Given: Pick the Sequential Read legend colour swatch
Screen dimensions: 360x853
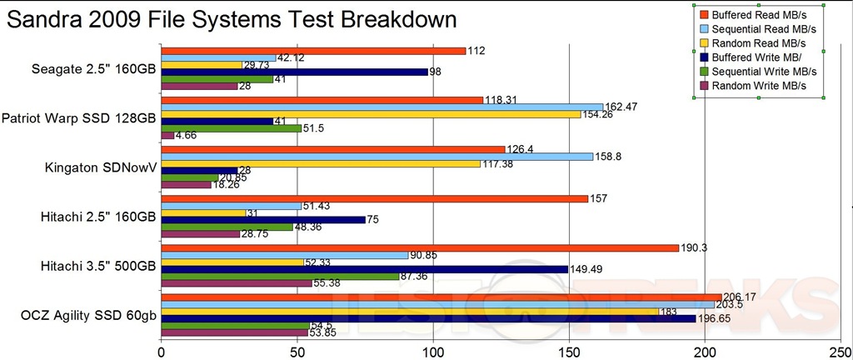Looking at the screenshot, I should (x=703, y=28).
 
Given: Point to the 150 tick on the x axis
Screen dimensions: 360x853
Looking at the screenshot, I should (x=568, y=351).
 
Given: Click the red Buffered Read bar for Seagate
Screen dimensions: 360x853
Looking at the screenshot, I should (x=312, y=51).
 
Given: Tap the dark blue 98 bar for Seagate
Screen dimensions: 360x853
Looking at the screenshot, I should (x=294, y=72).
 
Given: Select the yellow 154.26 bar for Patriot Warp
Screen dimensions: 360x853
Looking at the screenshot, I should (x=371, y=113).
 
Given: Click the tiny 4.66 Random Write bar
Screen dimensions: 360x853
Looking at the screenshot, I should (x=167, y=134).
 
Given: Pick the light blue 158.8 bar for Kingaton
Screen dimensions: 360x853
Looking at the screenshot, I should (x=377, y=156).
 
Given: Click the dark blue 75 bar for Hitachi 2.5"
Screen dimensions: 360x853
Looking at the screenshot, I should (x=262, y=220).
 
